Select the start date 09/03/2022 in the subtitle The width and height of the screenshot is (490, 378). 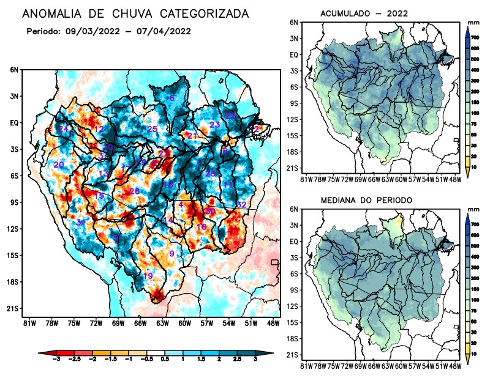(x=91, y=31)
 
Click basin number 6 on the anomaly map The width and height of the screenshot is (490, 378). (x=172, y=98)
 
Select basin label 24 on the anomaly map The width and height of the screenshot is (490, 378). (x=64, y=129)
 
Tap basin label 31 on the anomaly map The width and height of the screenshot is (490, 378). (x=80, y=222)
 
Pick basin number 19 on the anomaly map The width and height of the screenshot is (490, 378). (x=148, y=276)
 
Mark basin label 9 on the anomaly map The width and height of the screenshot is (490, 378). (x=172, y=253)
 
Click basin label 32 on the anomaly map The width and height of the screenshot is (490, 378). (x=241, y=204)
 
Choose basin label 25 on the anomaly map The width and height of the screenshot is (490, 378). (x=153, y=129)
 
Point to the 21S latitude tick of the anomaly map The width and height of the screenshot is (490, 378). (x=12, y=308)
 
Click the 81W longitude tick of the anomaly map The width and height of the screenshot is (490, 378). (x=28, y=322)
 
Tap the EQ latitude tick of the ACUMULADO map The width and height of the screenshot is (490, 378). (x=294, y=54)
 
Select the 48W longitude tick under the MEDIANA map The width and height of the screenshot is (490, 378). (x=454, y=366)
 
